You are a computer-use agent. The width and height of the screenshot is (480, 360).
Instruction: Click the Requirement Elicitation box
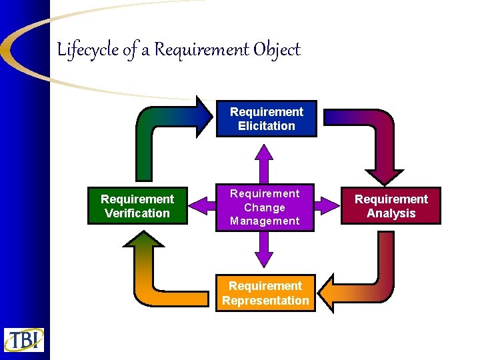pyautogui.click(x=266, y=119)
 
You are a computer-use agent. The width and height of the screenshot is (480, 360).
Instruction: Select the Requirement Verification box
pyautogui.click(x=137, y=206)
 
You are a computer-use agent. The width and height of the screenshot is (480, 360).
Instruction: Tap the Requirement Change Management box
pyautogui.click(x=265, y=207)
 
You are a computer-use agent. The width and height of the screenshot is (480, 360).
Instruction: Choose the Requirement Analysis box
pyautogui.click(x=391, y=206)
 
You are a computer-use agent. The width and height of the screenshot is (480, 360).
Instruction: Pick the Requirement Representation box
pyautogui.click(x=266, y=293)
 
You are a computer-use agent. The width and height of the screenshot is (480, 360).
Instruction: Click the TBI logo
pyautogui.click(x=23, y=340)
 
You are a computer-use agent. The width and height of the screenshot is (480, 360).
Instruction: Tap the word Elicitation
pyautogui.click(x=266, y=126)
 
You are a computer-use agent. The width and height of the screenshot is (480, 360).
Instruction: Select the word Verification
pyautogui.click(x=137, y=213)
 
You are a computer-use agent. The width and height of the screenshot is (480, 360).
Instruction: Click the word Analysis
pyautogui.click(x=391, y=213)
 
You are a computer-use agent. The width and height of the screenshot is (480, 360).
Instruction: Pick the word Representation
pyautogui.click(x=266, y=301)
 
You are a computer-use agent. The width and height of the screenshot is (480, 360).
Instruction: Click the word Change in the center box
pyautogui.click(x=265, y=207)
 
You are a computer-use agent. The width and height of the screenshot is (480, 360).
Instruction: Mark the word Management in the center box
pyautogui.click(x=265, y=221)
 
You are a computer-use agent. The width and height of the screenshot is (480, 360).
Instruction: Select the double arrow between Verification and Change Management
pyautogui.click(x=202, y=206)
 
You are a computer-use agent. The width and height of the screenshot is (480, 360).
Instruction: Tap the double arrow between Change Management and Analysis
pyautogui.click(x=327, y=206)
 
